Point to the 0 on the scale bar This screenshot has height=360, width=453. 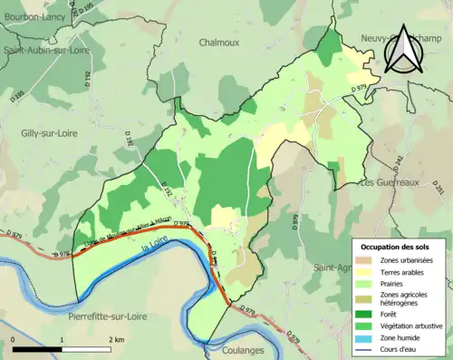tap(13, 339)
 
